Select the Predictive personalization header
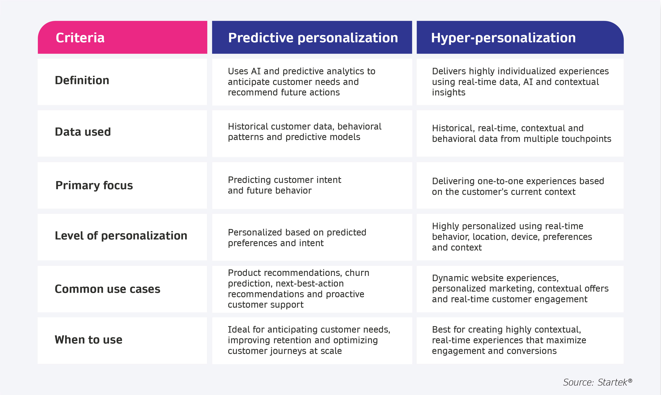pos(313,38)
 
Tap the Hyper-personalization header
pos(503,38)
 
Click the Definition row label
pos(82,80)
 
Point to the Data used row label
pos(83,132)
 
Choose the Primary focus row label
pos(94,185)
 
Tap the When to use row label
pos(88,340)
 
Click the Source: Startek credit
pos(597,382)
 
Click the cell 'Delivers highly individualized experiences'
pos(520,82)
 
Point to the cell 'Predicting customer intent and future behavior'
pos(284,185)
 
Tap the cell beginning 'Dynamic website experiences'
pos(520,288)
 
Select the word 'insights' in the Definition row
pos(448,93)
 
